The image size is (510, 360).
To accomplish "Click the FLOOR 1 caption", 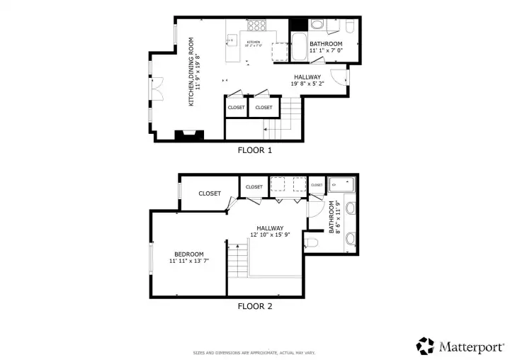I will (x=254, y=150).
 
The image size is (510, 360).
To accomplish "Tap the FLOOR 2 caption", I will (x=254, y=307).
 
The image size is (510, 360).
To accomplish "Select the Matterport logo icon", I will (x=425, y=346).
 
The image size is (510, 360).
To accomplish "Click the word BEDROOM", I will (x=189, y=254).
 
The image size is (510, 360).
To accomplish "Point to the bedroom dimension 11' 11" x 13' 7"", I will (x=189, y=261).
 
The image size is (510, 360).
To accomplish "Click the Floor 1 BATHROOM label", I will (x=326, y=44).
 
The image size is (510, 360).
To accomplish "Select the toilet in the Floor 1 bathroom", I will (x=349, y=26).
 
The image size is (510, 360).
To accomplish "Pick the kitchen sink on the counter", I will (x=231, y=39).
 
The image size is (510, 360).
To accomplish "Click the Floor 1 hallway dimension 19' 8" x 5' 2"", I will (x=306, y=84).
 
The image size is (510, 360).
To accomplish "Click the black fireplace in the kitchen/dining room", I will (x=190, y=134).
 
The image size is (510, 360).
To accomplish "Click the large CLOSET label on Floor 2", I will (x=209, y=193).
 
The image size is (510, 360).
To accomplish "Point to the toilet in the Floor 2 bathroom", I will (x=314, y=243).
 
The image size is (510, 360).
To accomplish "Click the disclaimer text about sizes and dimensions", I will (x=254, y=352).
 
